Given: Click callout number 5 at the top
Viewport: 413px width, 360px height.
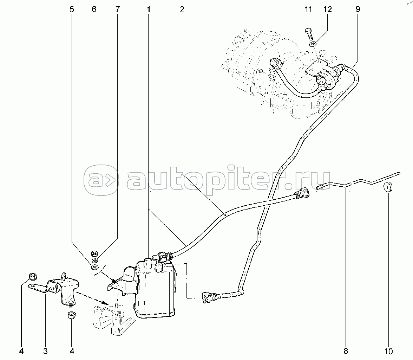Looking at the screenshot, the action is point(72,9).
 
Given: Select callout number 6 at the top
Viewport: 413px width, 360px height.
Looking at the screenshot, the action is point(94,9).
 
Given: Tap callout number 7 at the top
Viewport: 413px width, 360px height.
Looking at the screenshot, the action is point(117,9).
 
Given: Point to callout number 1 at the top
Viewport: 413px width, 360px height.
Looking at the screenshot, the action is point(149,9).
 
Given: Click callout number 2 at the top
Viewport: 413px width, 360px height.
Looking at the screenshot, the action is point(182,9).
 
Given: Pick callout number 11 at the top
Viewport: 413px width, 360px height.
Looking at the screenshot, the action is point(308,9).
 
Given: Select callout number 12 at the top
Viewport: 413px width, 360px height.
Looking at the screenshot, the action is point(327,9).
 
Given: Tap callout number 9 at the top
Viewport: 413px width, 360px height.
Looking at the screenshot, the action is point(358,9).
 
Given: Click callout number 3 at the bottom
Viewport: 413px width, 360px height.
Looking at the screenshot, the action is point(45,351).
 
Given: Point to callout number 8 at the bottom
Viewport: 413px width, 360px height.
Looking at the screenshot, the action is point(346,351).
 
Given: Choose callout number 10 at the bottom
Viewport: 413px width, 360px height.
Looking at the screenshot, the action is point(388,351).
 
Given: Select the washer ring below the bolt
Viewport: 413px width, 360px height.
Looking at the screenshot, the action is point(313,44).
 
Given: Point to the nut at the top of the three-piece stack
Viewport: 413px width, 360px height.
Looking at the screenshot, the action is point(94,254).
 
